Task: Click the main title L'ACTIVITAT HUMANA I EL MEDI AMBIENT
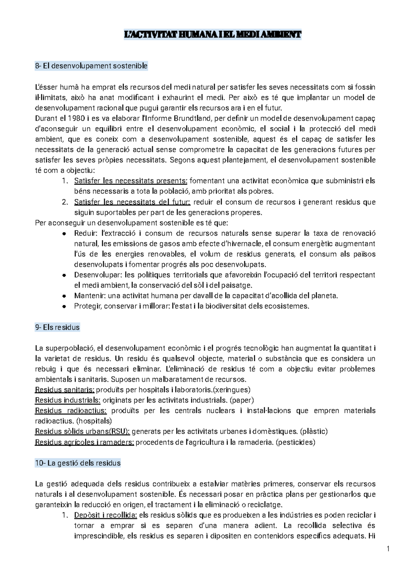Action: coord(212,35)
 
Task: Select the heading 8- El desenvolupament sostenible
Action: coord(91,66)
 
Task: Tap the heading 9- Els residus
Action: coord(57,327)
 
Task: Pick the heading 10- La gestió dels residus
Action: coord(78,463)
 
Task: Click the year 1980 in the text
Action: coord(74,119)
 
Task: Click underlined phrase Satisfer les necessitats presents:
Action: coord(131,181)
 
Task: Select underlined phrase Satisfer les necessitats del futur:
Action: coord(132,202)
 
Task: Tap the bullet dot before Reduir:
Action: coord(64,233)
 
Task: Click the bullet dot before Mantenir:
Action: coord(64,296)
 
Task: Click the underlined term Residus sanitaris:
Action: coord(65,390)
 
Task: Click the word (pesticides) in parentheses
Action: coord(295,442)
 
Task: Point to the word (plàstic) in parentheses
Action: coord(313,431)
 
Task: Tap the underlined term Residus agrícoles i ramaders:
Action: coord(84,442)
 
